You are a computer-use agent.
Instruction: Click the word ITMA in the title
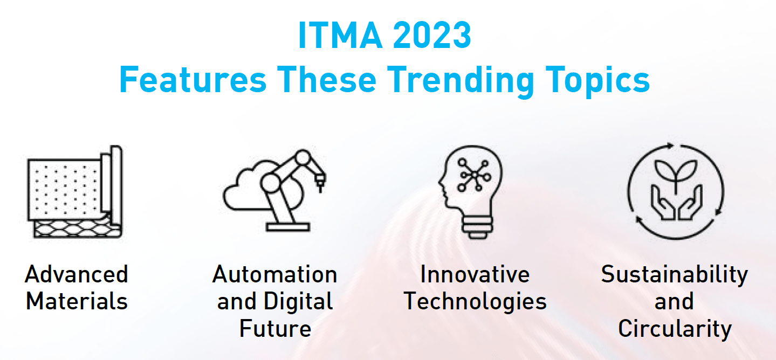340,35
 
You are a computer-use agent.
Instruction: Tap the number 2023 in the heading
432,35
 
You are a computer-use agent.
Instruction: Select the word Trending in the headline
461,80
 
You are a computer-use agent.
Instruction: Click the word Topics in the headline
598,80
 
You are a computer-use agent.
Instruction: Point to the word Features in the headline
193,80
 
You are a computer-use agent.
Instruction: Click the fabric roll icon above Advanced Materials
75,192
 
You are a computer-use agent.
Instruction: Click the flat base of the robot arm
288,227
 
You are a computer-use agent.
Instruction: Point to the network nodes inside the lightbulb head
473,175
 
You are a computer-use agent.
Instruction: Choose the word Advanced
77,274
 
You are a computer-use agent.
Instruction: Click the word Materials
77,301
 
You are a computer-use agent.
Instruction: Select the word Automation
274,274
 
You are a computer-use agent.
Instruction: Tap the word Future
276,328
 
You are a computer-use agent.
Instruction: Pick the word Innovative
475,274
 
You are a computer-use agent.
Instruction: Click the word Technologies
475,301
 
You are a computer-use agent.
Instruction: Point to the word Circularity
675,329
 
